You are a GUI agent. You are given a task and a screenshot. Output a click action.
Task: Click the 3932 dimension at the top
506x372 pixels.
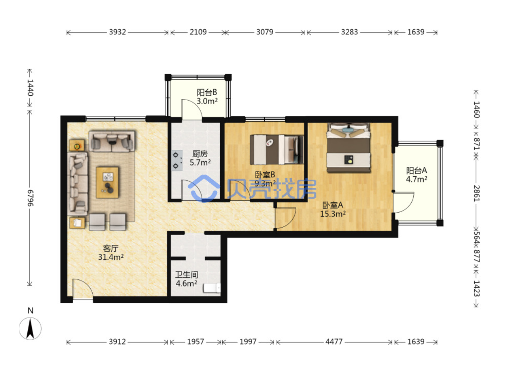[x=118, y=32]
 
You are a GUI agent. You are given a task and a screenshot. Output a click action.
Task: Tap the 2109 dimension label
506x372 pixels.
[x=198, y=32]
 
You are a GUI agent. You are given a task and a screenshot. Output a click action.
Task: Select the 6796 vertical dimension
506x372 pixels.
[x=30, y=198]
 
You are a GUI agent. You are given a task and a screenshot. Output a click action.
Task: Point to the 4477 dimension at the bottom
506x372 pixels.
[x=334, y=341]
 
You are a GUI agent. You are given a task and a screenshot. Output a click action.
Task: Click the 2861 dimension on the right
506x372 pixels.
[x=477, y=193]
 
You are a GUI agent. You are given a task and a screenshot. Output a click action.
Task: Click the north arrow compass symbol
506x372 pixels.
[x=30, y=328]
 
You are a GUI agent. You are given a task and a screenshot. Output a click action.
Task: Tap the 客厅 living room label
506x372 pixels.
[x=111, y=248]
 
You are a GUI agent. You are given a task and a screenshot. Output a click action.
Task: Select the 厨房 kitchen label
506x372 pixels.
[x=200, y=154]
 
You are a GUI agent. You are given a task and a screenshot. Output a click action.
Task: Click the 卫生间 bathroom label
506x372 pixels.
[x=187, y=275]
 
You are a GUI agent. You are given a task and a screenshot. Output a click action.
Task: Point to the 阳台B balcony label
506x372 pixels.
[x=207, y=92]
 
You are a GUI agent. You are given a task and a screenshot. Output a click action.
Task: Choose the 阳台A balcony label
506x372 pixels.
[x=417, y=170]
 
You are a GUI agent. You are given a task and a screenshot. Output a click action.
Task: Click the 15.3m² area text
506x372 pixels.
[x=333, y=214]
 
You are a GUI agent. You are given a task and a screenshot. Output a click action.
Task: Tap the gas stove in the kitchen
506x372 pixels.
[x=177, y=161]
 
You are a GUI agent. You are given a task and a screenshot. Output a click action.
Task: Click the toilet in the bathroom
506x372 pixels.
[x=212, y=288]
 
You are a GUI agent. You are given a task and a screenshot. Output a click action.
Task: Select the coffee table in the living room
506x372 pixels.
[x=107, y=182]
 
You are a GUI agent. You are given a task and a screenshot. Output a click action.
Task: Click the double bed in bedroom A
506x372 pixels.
[x=349, y=147]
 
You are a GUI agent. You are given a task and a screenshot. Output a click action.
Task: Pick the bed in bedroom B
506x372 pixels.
[x=277, y=149]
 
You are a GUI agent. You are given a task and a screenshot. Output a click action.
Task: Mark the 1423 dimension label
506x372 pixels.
[x=477, y=288]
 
